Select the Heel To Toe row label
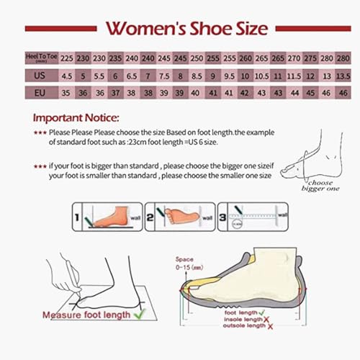coord(40,57)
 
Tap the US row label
coord(40,75)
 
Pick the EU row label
coord(40,92)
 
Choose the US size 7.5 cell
coord(163,75)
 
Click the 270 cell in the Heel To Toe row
coord(294,57)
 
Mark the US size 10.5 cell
coord(261,75)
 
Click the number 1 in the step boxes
coord(76,215)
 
